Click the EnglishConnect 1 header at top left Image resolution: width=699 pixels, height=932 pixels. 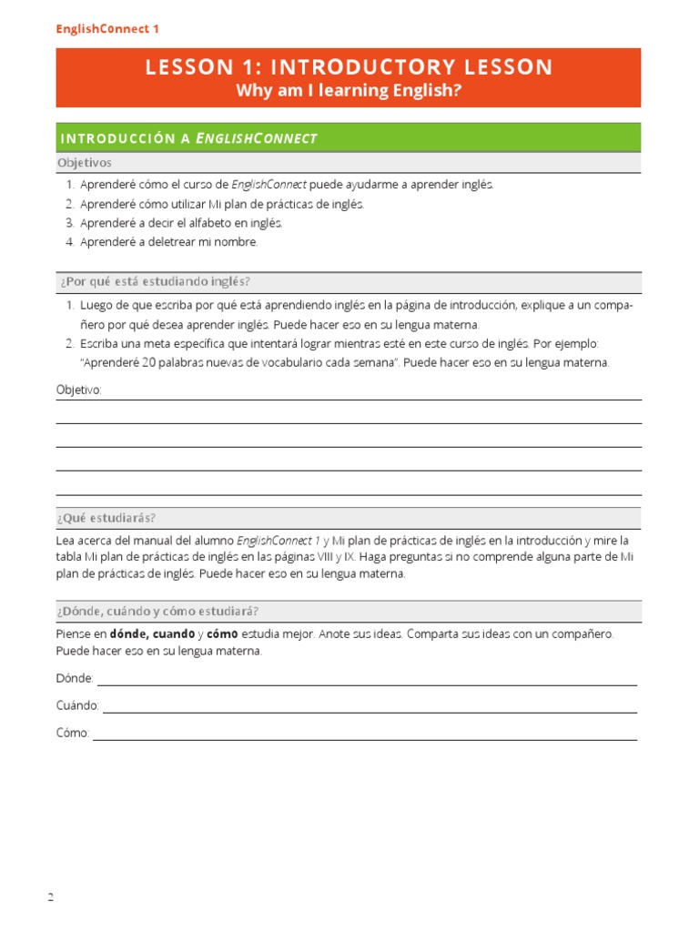107,29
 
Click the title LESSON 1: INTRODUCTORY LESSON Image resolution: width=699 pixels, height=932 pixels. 349,67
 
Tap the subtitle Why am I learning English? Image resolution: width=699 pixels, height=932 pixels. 349,91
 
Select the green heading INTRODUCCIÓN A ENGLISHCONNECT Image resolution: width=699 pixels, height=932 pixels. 188,138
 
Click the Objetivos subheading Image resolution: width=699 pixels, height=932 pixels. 84,163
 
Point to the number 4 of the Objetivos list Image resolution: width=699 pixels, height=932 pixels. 69,242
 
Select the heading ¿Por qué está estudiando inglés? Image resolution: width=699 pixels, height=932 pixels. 153,281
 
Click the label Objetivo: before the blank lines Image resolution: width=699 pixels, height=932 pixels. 79,390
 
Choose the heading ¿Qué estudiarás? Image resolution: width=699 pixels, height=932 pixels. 106,518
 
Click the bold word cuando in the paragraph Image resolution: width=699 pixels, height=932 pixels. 173,633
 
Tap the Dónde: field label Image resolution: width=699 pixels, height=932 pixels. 75,679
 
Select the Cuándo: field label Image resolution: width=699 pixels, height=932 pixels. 77,706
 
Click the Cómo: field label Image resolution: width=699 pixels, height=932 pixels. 73,734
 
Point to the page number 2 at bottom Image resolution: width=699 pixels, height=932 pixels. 51,898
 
